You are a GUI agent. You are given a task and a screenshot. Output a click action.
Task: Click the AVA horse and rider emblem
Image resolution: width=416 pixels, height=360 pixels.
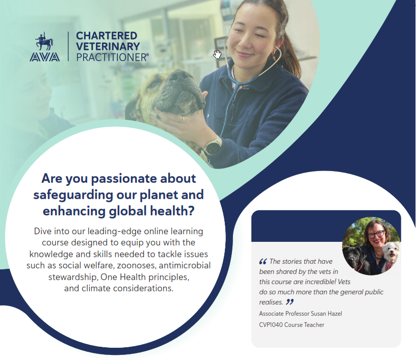click(x=44, y=41)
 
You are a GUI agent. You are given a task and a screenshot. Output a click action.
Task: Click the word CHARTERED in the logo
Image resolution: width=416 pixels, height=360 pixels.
click(x=107, y=36)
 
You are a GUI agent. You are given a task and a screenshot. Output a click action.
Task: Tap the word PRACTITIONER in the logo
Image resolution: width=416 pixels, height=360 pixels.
click(x=113, y=57)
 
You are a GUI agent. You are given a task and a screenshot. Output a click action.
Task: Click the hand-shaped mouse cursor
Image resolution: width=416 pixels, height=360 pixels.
click(x=217, y=54)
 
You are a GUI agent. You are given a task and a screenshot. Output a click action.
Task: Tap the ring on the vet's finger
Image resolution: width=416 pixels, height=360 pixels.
click(x=183, y=119)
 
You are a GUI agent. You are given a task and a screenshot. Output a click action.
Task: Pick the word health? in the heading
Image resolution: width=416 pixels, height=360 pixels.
click(x=172, y=211)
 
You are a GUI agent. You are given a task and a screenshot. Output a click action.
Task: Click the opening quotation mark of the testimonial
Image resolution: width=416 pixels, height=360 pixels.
click(x=263, y=262)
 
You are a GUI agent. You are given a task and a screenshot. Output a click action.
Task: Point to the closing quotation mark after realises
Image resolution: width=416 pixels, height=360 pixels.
click(x=290, y=302)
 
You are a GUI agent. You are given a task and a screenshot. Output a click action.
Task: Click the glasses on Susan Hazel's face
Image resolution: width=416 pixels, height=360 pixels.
click(x=376, y=234)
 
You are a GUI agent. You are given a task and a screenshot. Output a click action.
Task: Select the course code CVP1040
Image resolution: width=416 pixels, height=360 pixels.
click(x=271, y=325)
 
